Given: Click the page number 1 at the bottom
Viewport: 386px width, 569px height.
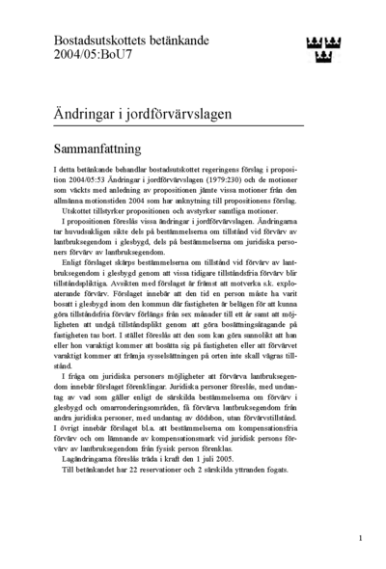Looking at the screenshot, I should [360, 538].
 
